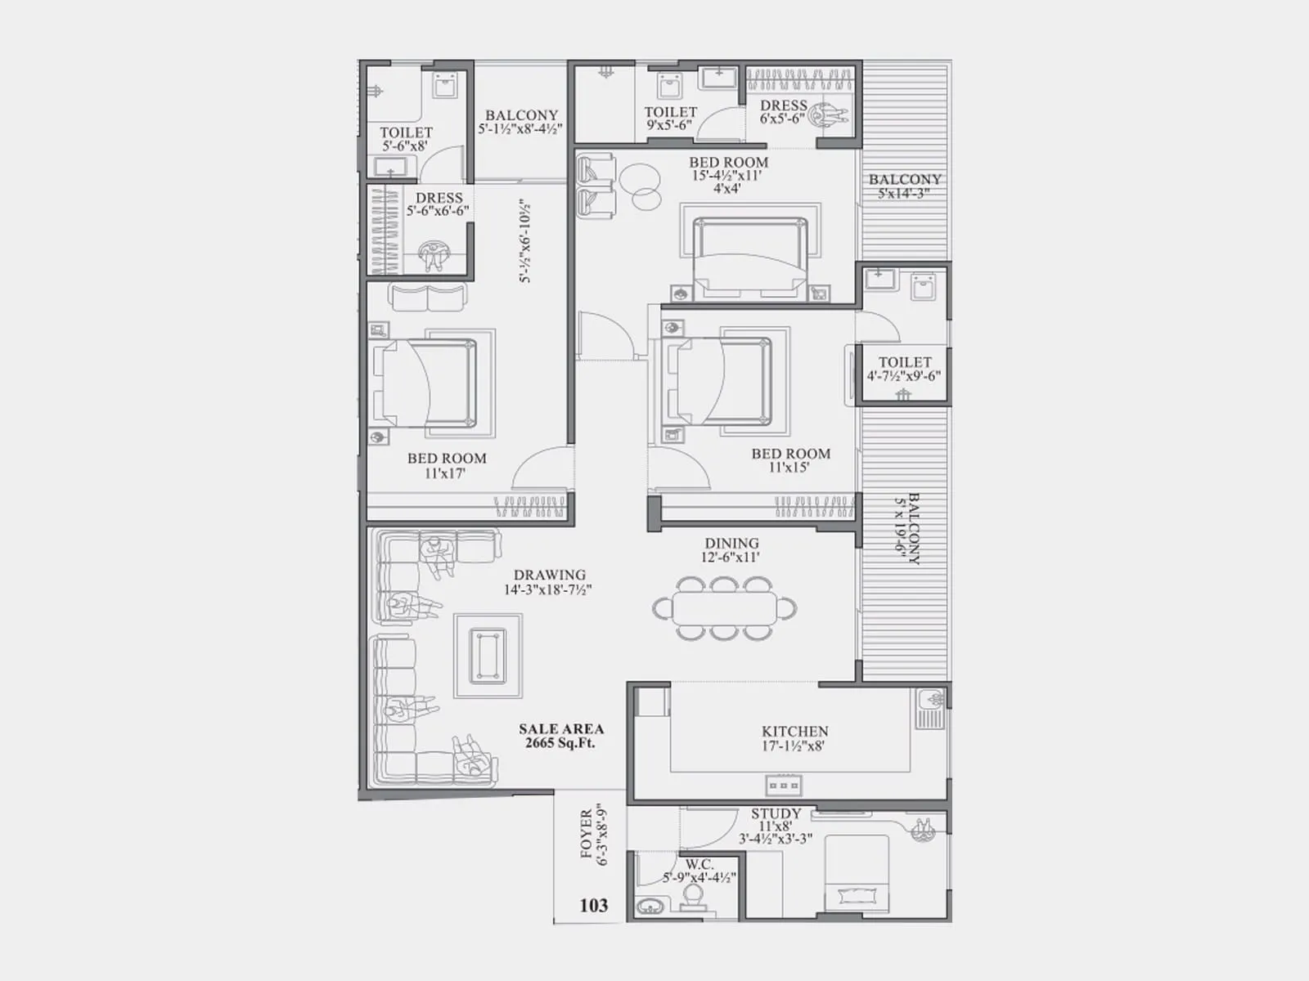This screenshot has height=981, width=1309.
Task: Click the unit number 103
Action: tap(594, 905)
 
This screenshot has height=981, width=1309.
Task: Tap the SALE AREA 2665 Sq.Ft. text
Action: tap(561, 736)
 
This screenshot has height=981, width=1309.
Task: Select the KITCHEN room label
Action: tap(794, 732)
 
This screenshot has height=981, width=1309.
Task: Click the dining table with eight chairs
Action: tap(725, 608)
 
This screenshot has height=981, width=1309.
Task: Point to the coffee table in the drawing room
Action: tap(489, 656)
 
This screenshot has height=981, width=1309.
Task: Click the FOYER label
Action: tap(587, 834)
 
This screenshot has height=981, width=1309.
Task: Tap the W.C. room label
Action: tap(699, 864)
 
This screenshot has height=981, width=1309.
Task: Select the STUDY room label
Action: tap(776, 813)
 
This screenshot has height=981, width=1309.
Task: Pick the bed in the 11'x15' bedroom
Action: tap(721, 381)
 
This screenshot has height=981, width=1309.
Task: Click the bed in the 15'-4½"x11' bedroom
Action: tap(749, 258)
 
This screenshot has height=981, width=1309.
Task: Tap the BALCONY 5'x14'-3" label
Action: tap(904, 186)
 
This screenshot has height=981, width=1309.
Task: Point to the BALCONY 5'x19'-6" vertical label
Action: tap(908, 529)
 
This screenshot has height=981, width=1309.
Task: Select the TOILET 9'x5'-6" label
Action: tap(670, 119)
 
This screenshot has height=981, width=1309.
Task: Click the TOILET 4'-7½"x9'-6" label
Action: tap(904, 368)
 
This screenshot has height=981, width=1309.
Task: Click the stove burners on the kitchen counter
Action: tap(783, 786)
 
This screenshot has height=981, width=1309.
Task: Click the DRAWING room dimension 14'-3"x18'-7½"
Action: tap(548, 589)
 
